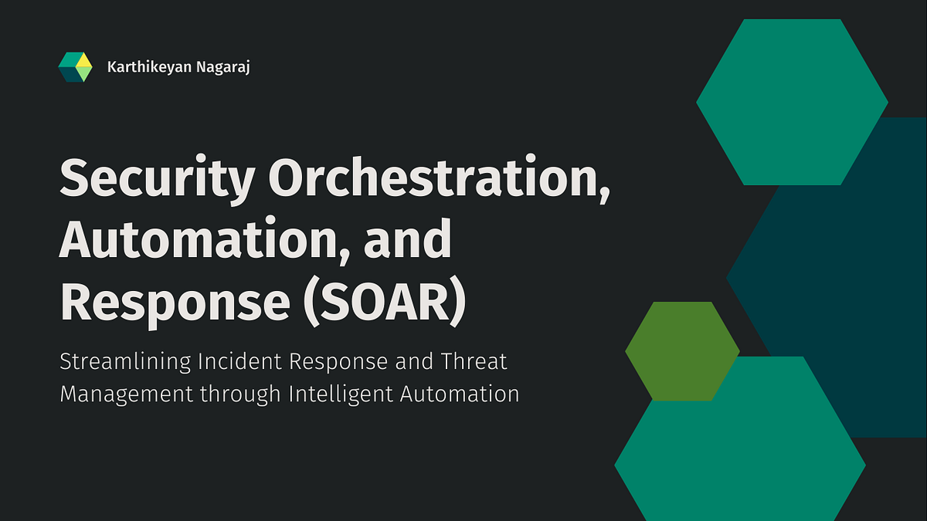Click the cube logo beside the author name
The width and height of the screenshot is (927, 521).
coord(76,68)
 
